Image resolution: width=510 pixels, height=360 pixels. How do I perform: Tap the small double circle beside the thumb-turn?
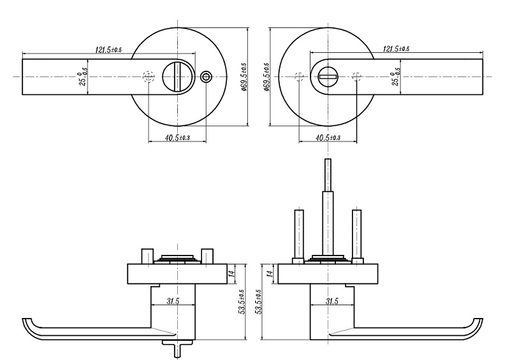pos(205,76)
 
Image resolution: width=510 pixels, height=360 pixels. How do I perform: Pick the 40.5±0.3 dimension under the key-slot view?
pos(328,138)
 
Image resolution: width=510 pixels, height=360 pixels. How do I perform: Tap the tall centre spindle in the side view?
pos(328,204)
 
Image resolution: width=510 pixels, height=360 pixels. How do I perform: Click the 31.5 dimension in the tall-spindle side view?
pos(331,301)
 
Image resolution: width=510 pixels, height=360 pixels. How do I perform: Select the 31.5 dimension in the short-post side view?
pos(172,301)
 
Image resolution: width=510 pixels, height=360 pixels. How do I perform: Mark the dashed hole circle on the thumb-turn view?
pos(149,76)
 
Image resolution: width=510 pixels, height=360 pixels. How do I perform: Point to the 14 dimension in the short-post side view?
pos(233,273)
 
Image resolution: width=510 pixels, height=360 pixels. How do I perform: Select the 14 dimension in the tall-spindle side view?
pos(270,273)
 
